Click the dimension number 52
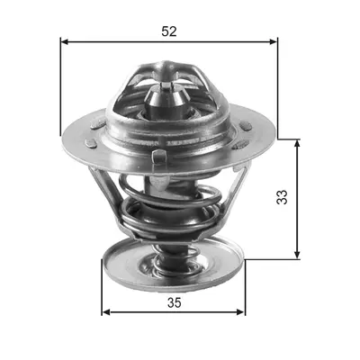[169, 31]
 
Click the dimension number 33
[282, 197]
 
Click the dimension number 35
[175, 303]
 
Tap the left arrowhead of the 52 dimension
[65, 41]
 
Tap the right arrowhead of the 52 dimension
[274, 41]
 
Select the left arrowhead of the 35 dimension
[106, 312]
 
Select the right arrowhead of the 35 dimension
[241, 312]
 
